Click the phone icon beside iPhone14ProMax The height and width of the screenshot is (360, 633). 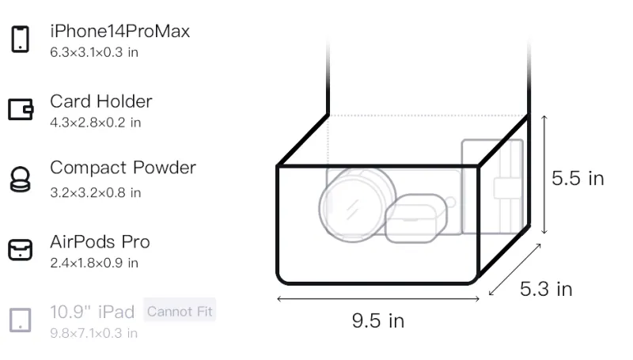(21, 39)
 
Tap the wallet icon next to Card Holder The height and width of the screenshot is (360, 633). (21, 109)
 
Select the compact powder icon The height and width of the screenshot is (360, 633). (21, 179)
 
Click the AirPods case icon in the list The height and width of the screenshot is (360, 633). (21, 250)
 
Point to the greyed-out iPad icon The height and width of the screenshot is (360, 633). (21, 320)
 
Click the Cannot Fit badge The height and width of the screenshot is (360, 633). (180, 311)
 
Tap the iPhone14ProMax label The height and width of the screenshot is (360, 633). (120, 31)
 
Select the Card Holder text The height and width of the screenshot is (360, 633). (101, 101)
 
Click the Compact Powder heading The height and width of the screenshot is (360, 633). (123, 168)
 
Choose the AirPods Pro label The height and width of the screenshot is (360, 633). (100, 242)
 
